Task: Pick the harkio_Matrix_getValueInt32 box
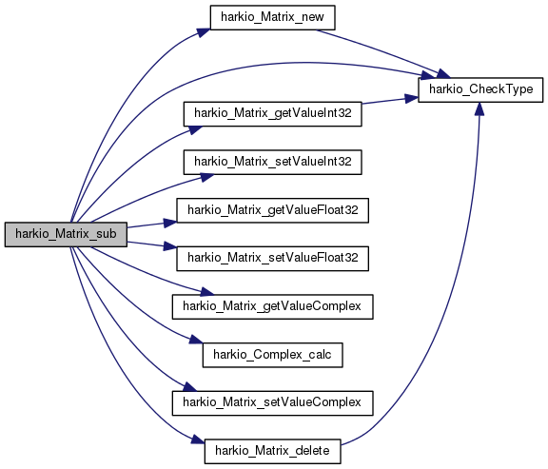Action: point(272,112)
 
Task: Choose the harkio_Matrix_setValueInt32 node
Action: point(272,162)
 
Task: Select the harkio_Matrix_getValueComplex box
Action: point(272,306)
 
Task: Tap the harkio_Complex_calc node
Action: point(272,355)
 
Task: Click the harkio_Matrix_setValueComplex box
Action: point(272,402)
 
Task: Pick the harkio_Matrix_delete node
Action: point(272,451)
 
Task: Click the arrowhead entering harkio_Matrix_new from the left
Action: point(203,31)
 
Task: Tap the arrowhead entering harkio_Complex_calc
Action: point(198,344)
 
